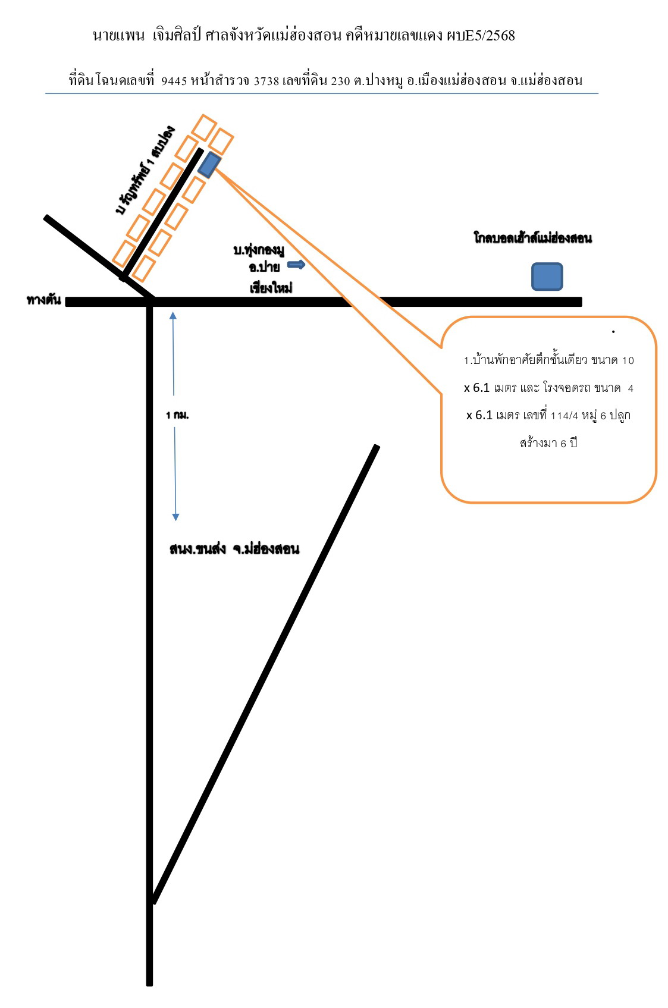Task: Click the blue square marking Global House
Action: [x=547, y=277]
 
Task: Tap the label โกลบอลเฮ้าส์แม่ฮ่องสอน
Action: [x=532, y=238]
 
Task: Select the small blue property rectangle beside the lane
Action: [x=209, y=165]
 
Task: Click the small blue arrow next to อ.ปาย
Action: [x=296, y=264]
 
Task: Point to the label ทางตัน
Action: [x=43, y=300]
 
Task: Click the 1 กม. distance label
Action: [x=177, y=415]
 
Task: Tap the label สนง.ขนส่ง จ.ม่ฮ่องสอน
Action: [x=234, y=549]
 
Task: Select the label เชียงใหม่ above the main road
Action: [x=271, y=288]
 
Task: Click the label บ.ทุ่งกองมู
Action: [x=259, y=250]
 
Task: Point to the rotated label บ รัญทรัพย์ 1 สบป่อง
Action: [x=145, y=170]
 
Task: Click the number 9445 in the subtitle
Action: [x=174, y=81]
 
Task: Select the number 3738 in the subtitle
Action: [x=266, y=81]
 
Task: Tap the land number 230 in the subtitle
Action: [x=340, y=81]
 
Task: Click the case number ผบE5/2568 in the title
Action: [x=481, y=36]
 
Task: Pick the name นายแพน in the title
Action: [x=118, y=36]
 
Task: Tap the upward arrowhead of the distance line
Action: [x=173, y=315]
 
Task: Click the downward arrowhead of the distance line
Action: [x=175, y=517]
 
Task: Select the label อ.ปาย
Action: [x=265, y=267]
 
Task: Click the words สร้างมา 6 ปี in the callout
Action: [x=548, y=443]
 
